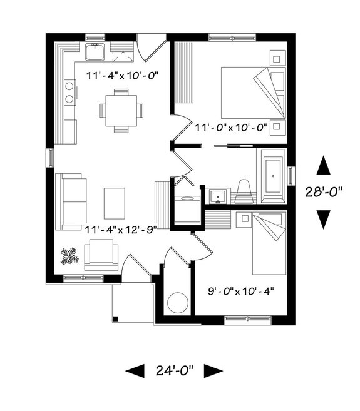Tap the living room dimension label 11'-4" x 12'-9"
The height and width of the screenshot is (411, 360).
pos(120,229)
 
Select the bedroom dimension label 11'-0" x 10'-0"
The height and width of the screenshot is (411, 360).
pos(231,128)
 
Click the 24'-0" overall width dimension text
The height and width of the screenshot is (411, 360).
pos(175,370)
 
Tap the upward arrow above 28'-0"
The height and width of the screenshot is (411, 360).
pos(323,165)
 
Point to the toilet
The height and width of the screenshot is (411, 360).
pos(244,191)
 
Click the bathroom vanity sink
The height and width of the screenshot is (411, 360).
pos(219,195)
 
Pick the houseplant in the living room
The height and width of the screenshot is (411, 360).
pos(69,255)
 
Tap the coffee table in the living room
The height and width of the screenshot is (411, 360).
pos(115,203)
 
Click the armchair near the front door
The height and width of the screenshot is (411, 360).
pos(101,253)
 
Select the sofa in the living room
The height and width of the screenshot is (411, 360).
pos(71,201)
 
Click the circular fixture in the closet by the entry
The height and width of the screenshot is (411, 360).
pos(178,302)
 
